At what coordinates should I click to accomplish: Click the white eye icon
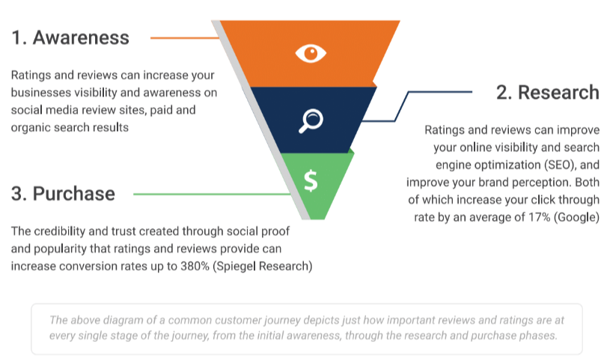311,53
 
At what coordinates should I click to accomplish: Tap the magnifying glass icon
311,121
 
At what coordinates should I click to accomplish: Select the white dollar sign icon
311,181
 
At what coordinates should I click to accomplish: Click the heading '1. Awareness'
70,37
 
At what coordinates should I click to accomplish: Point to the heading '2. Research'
547,93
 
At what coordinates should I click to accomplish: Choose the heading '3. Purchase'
63,194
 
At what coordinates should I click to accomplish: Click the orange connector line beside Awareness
185,38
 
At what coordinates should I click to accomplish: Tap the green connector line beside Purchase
212,194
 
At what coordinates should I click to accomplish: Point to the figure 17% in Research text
539,217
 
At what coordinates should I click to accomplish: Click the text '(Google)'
576,218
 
